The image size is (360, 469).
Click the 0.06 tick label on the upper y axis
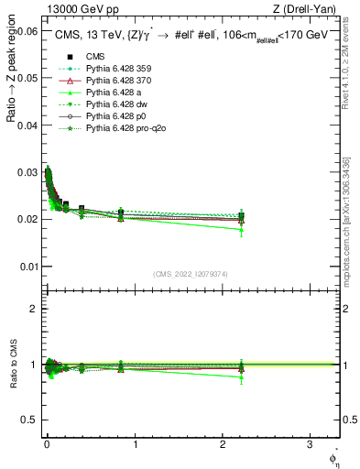click(27, 31)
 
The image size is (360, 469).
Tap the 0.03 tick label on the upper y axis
click(27, 172)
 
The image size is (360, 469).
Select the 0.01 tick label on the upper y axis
click(27, 267)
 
